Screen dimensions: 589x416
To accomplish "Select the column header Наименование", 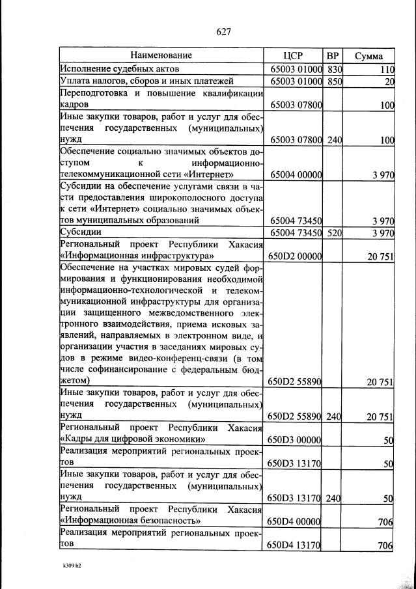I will pyautogui.click(x=161, y=55).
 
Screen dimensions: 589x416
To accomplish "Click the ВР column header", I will pyautogui.click(x=333, y=55).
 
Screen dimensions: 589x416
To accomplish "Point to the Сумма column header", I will pyautogui.click(x=368, y=56).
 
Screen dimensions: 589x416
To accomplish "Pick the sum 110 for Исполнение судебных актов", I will pyautogui.click(x=387, y=70).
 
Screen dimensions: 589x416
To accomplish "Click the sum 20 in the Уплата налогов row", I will pyautogui.click(x=389, y=82).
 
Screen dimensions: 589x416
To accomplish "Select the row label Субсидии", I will pyautogui.click(x=79, y=233).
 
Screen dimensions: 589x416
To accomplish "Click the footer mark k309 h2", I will pyautogui.click(x=68, y=566).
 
